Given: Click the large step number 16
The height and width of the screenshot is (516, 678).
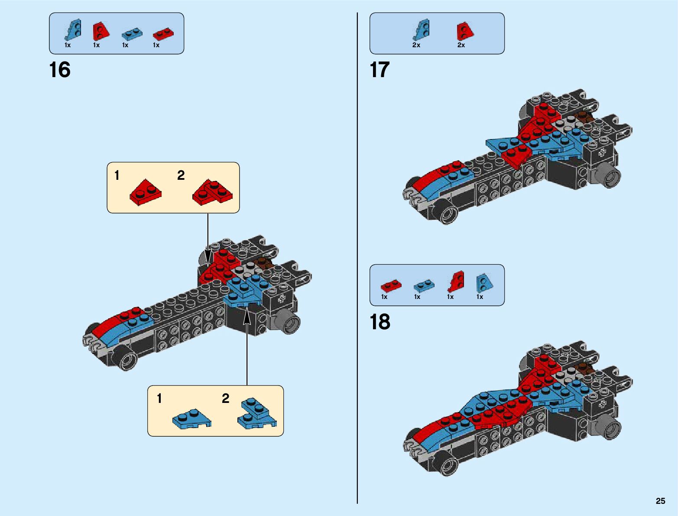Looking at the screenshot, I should click(60, 70).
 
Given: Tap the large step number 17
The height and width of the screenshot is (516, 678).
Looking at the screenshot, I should click(380, 70).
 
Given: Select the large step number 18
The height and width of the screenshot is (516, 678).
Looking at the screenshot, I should click(380, 322).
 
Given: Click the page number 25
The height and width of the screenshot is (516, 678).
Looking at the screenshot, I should click(660, 501).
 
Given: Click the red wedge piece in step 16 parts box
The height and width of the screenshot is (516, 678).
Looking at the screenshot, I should click(101, 31).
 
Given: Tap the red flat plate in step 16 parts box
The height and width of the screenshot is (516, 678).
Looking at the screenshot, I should click(163, 33).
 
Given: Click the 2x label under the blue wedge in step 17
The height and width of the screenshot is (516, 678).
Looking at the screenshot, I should click(416, 45).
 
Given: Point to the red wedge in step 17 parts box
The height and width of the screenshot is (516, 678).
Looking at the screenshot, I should click(465, 31).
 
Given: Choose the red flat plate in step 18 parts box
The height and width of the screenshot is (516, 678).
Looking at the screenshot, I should click(391, 286).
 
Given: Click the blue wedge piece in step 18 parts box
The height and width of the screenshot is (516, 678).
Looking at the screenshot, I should click(484, 283).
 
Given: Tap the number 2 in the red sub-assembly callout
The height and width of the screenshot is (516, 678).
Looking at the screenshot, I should click(181, 175).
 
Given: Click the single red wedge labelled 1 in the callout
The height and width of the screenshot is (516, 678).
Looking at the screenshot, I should click(146, 193).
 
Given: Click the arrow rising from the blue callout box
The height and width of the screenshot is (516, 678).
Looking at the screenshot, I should click(247, 347).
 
